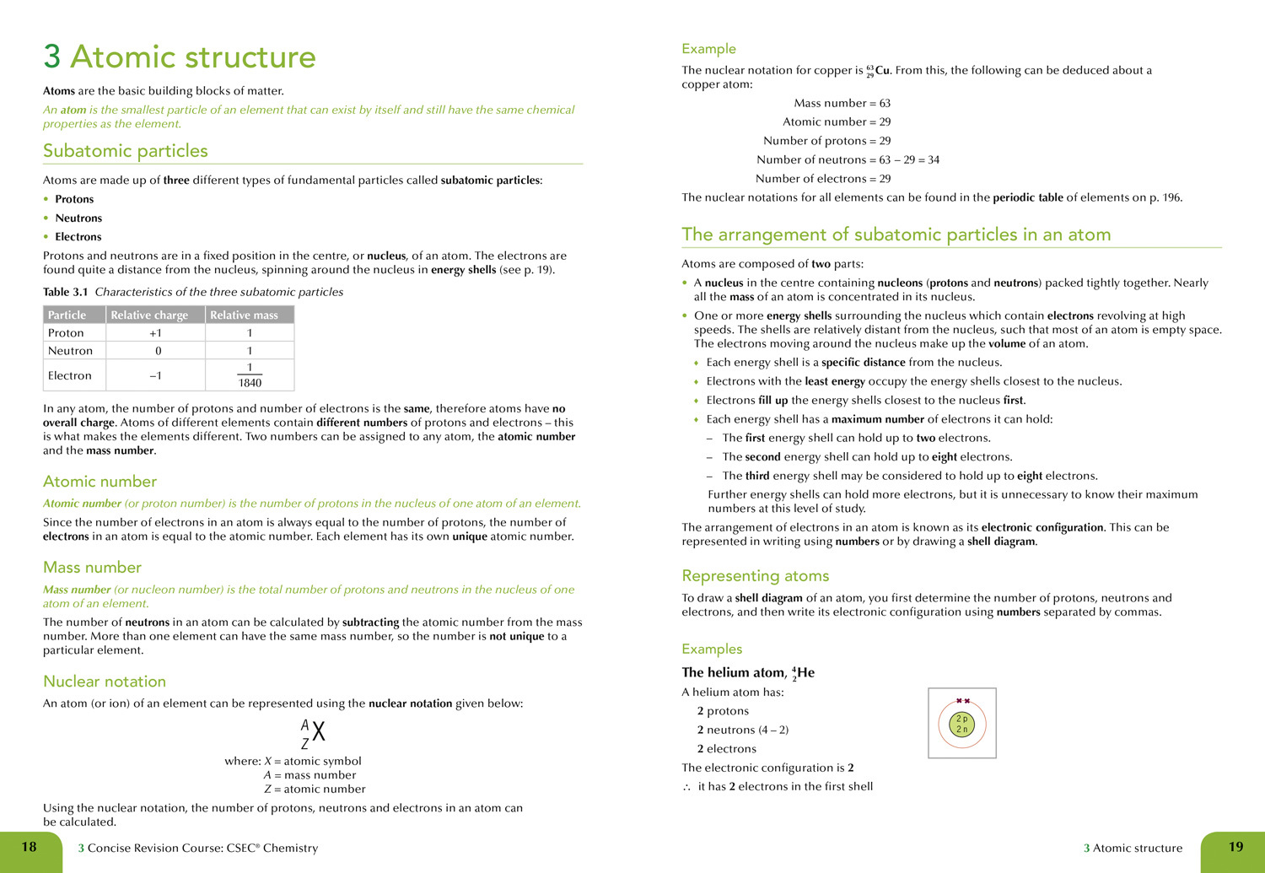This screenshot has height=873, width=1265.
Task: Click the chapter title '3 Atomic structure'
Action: click(180, 57)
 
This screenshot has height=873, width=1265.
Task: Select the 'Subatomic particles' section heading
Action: click(125, 151)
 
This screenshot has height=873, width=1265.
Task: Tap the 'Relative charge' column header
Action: click(149, 315)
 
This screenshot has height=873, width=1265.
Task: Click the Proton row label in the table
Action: click(66, 333)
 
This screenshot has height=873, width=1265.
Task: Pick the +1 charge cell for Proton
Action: click(156, 333)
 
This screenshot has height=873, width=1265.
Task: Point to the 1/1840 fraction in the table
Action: click(250, 375)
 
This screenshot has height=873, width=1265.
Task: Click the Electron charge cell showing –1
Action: click(156, 375)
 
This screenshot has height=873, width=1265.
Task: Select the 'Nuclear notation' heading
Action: click(105, 682)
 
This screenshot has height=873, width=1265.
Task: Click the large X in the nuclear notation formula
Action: click(319, 731)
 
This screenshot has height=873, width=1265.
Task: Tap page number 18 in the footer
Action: click(29, 847)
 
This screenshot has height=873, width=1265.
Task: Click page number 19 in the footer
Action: click(1235, 847)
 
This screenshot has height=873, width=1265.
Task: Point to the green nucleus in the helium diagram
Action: click(962, 725)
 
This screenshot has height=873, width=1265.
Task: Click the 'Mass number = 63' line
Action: click(842, 103)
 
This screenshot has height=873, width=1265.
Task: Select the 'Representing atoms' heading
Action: click(755, 576)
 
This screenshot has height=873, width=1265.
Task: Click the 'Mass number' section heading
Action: click(92, 568)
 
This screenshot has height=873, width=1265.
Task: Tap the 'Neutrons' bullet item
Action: click(78, 218)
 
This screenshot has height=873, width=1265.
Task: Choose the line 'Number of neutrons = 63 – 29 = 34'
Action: click(847, 159)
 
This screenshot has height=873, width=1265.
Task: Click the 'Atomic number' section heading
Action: click(100, 482)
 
